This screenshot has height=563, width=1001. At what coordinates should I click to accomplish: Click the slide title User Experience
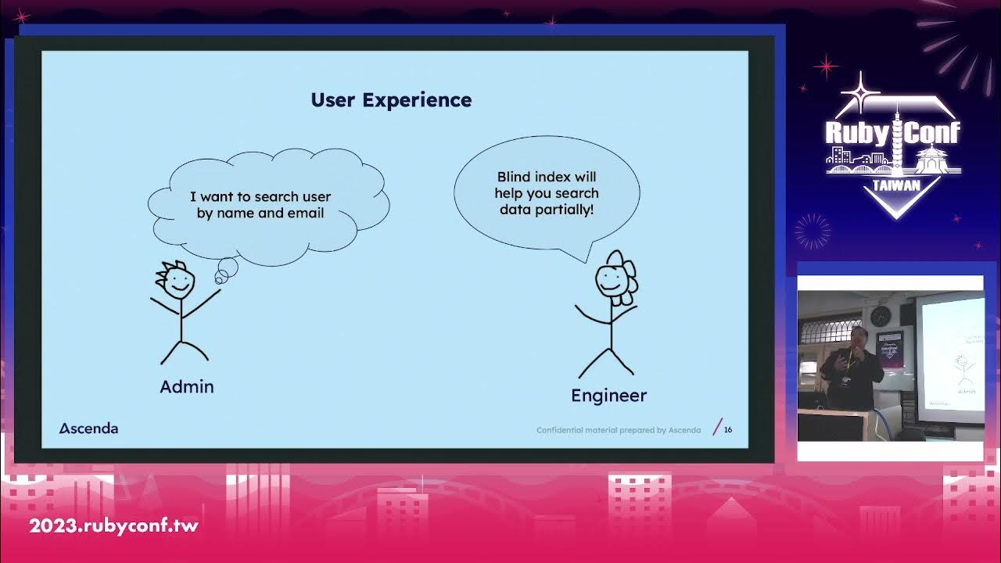click(391, 100)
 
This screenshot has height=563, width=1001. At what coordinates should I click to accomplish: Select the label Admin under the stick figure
click(186, 386)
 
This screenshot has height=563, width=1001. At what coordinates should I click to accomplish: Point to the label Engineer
click(608, 396)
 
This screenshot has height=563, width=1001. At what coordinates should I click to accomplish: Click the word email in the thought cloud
click(305, 213)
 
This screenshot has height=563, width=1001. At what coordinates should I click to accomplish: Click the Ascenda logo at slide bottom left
click(89, 428)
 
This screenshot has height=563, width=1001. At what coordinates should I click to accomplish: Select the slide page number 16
click(728, 429)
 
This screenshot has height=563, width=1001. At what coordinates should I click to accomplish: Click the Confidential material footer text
click(618, 430)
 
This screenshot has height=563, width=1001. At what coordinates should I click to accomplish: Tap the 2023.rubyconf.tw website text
click(114, 525)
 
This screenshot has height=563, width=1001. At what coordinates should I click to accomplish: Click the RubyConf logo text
click(892, 133)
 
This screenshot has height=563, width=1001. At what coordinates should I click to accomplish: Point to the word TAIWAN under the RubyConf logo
click(895, 185)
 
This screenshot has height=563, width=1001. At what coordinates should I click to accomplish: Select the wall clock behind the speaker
click(881, 316)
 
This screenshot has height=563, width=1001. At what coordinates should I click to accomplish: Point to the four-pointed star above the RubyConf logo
click(860, 92)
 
